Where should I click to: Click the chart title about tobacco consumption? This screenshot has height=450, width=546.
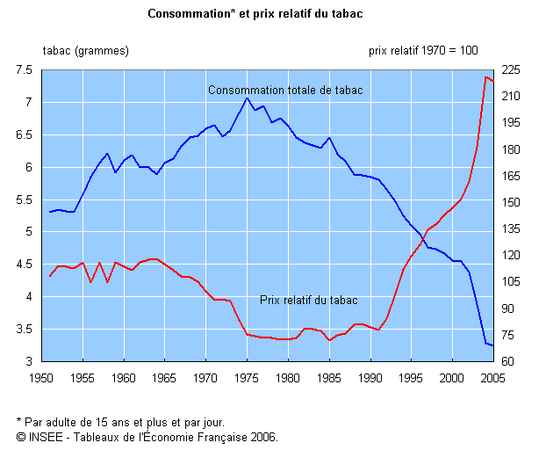(x=255, y=14)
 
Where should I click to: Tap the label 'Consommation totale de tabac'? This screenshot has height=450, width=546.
(x=285, y=90)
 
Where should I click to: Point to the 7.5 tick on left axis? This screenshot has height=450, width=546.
(x=24, y=70)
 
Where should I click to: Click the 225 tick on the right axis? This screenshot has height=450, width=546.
(x=509, y=70)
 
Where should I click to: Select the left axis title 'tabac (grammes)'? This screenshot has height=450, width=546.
(x=85, y=50)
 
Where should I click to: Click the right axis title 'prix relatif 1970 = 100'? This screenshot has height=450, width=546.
(x=423, y=50)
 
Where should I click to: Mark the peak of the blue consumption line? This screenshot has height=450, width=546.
(x=239, y=98)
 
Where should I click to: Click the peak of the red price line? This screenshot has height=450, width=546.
(x=485, y=77)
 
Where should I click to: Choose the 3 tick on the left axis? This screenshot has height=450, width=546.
(x=29, y=362)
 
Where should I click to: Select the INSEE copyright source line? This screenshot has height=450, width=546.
(x=147, y=435)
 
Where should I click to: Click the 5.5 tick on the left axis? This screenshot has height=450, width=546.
(x=24, y=200)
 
